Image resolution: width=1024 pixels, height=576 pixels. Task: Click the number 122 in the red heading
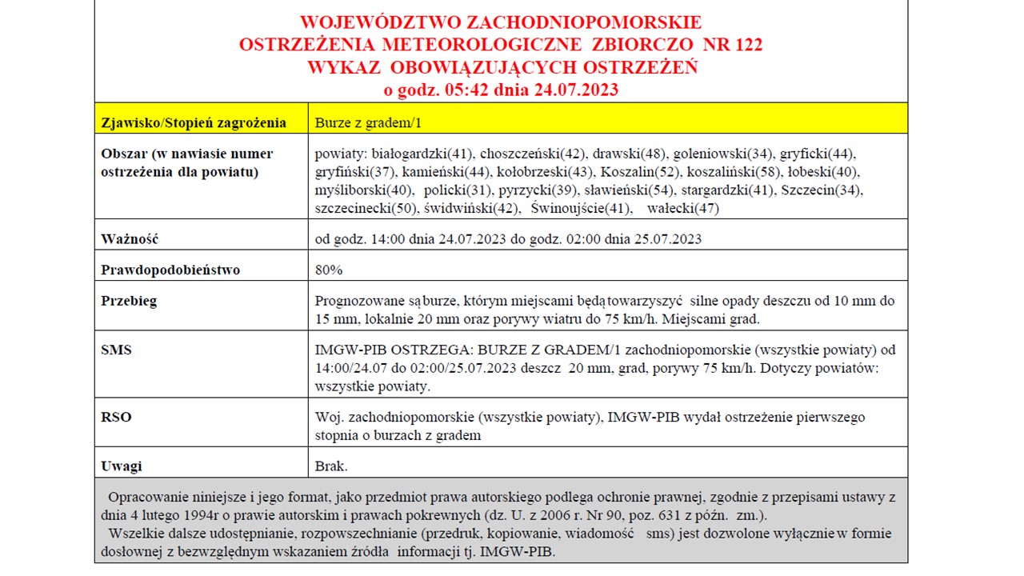coord(745,45)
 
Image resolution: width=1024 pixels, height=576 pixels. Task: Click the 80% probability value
coord(329,270)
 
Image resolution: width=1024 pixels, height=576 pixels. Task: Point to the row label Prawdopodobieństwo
coord(170,270)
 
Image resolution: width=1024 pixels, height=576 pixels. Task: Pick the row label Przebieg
coord(129,301)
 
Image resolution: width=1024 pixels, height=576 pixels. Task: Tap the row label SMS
coord(116,350)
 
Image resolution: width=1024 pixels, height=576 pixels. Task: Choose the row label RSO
coord(116,417)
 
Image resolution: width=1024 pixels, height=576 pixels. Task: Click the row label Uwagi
coord(122,466)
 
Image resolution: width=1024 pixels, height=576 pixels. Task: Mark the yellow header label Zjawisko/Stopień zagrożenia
coord(194,122)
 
